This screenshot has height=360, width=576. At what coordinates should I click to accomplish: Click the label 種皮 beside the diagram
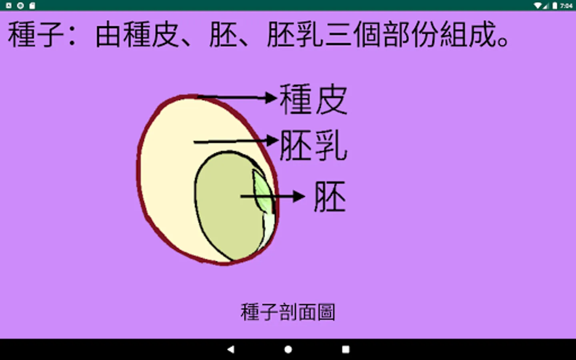coord(313,100)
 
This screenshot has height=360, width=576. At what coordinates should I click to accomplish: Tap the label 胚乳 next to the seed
coord(313,146)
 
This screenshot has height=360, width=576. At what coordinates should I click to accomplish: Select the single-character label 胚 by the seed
coord(330,196)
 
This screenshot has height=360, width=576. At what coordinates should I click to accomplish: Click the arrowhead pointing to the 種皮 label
coord(272,97)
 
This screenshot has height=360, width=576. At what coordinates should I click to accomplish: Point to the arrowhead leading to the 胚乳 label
coord(272,140)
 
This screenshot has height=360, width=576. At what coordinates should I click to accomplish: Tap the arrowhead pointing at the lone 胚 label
coord(299,196)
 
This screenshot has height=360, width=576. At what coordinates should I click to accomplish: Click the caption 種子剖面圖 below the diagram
coord(288,312)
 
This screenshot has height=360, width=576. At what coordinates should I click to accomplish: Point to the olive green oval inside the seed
coord(224,208)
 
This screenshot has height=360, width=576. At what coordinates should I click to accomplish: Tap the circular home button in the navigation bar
coord(288,350)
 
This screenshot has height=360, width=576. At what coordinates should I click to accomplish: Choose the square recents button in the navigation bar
coord(346,350)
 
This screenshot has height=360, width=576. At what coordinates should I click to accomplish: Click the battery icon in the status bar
coord(555,6)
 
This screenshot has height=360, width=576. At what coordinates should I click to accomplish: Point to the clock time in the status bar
coord(566,6)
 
